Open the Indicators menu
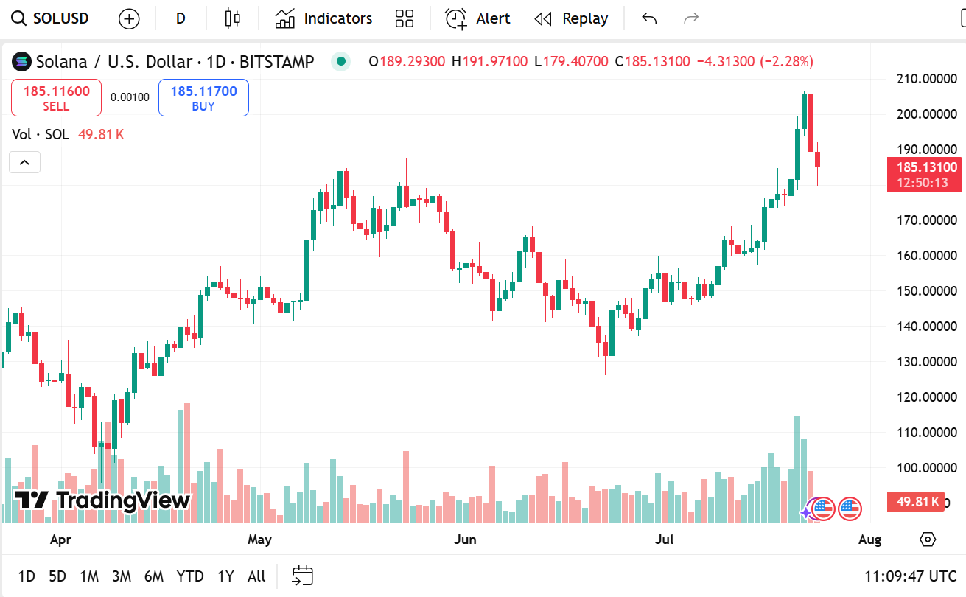[x=324, y=18]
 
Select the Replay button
[x=572, y=18]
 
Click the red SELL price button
[x=56, y=98]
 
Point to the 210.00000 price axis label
[x=926, y=78]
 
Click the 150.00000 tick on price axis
[x=926, y=290]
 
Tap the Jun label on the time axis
[x=465, y=540]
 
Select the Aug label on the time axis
[x=869, y=540]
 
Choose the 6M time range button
[x=153, y=576]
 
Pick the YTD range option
[x=189, y=576]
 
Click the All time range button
[x=256, y=576]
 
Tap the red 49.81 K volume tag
[x=917, y=502]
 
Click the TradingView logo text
[x=103, y=500]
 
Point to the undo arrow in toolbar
[x=648, y=18]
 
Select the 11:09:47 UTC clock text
[x=911, y=576]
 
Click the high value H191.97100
[x=490, y=61]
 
